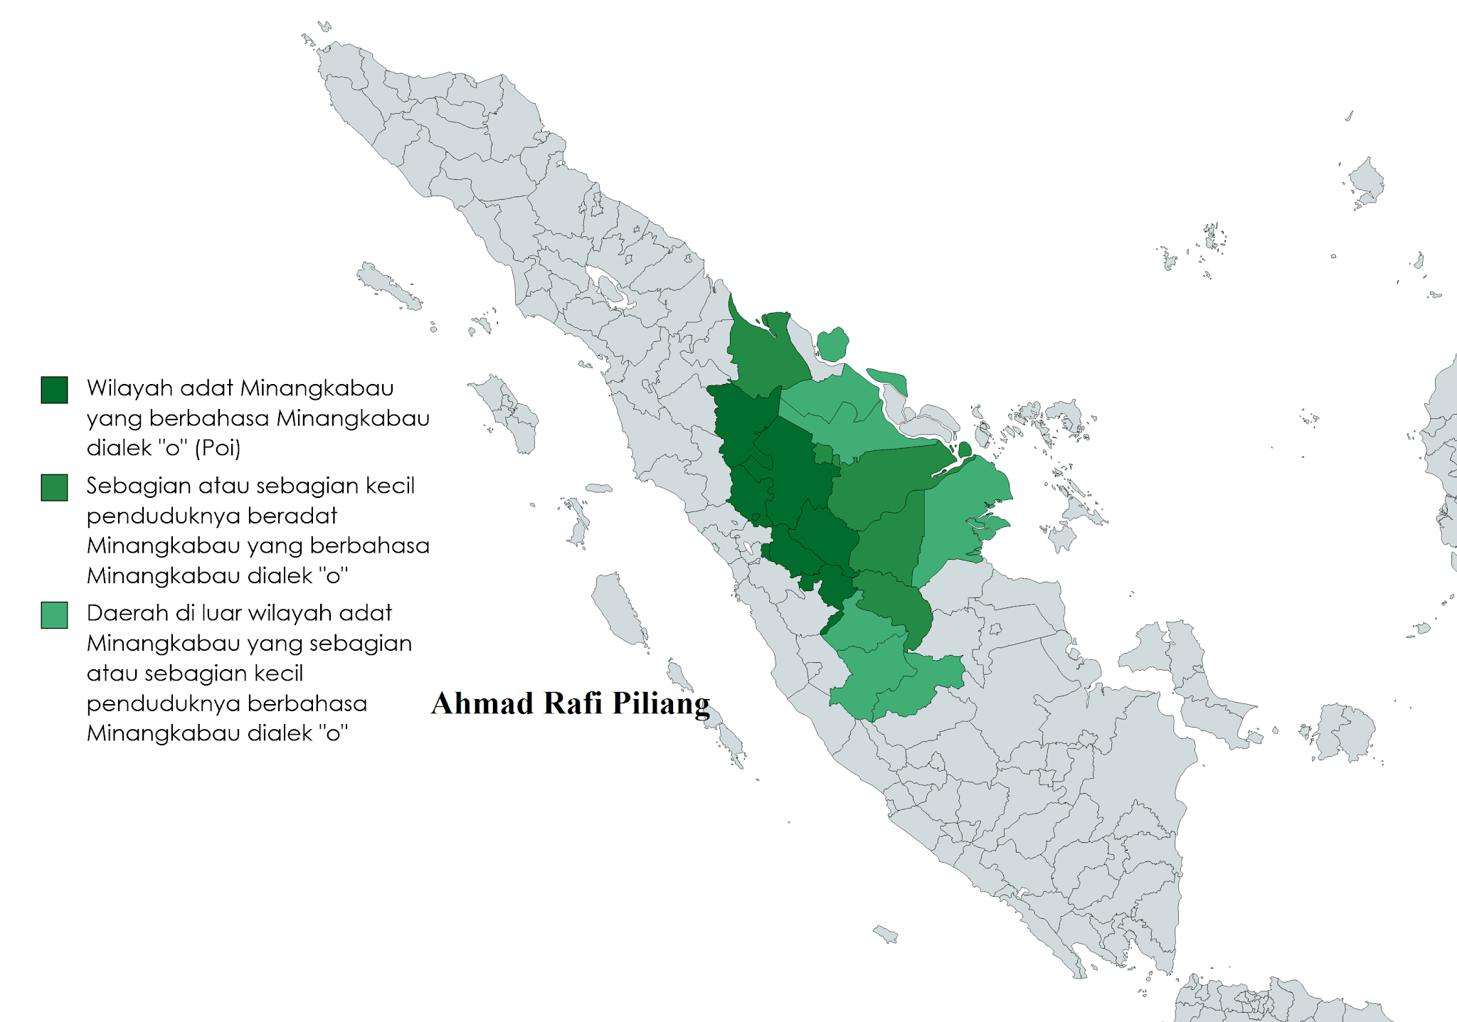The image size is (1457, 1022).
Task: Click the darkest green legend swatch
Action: [54, 390]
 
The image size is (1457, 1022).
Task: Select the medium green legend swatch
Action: [54, 488]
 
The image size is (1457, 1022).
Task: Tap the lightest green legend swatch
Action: [54, 615]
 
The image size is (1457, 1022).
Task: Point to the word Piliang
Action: [661, 703]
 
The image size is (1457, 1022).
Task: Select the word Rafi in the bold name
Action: [573, 703]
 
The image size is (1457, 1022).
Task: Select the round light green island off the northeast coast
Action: [832, 345]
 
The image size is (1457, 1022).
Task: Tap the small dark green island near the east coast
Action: [965, 449]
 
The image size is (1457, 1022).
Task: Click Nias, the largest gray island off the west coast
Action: [511, 414]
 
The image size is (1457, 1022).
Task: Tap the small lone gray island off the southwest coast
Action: [885, 934]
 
